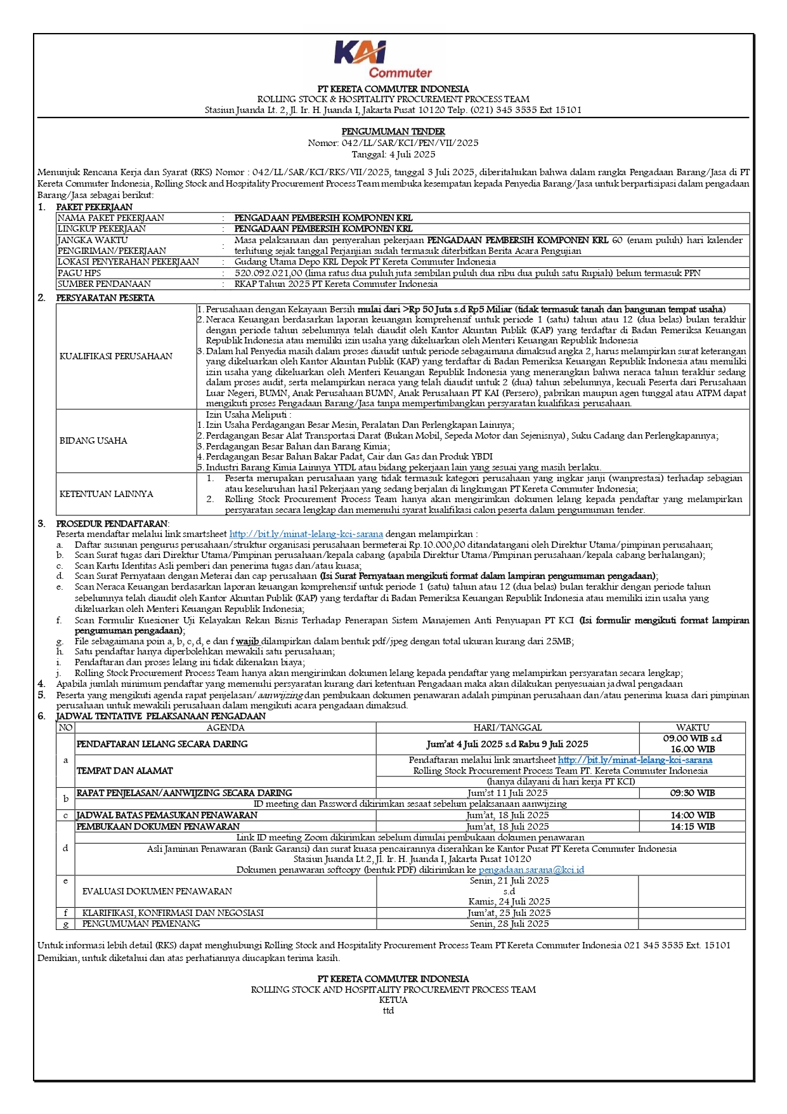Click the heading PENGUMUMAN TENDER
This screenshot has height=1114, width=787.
(x=393, y=131)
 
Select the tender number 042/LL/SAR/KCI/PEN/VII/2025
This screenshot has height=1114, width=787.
(x=410, y=143)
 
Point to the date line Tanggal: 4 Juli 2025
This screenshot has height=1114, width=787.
(x=393, y=154)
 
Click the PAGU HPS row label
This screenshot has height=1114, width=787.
(x=79, y=273)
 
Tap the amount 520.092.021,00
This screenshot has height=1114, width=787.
(x=268, y=273)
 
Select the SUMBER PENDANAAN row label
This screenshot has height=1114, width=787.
(x=104, y=284)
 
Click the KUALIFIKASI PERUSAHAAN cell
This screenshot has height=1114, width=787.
(x=116, y=356)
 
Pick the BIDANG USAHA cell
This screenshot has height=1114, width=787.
(x=93, y=441)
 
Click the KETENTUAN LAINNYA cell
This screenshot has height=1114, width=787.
(x=106, y=494)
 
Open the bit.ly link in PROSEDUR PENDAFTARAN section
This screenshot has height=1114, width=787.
(x=306, y=534)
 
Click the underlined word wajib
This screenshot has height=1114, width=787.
(x=247, y=641)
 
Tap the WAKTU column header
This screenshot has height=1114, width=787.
(x=693, y=727)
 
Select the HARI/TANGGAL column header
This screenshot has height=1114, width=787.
(x=507, y=727)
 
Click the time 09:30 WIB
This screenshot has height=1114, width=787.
(x=693, y=793)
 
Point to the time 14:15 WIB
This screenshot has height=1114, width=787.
(x=693, y=826)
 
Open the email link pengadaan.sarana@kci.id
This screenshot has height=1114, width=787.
(x=531, y=870)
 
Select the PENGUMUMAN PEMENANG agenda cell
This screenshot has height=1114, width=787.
(x=141, y=924)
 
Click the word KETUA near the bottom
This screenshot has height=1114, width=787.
(x=393, y=1000)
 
